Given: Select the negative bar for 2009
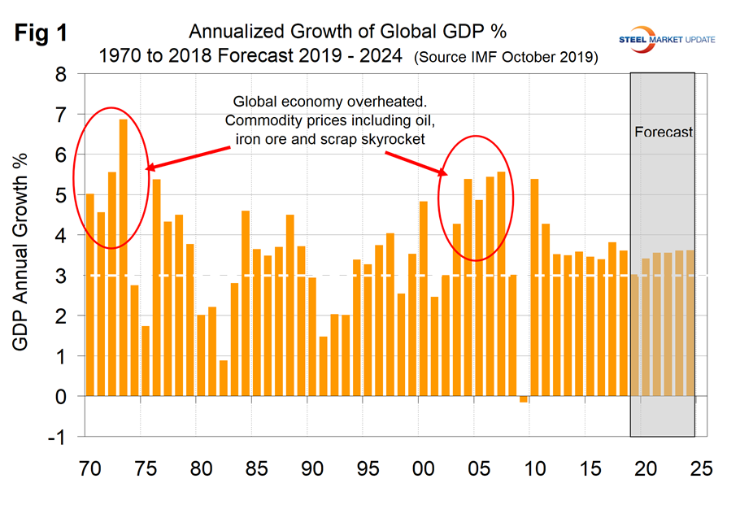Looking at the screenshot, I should point(524,399).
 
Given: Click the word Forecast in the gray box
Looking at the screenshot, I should point(662,132).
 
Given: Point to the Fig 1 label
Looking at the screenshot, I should point(42,35).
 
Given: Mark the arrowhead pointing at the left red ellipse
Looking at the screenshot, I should point(149,168).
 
